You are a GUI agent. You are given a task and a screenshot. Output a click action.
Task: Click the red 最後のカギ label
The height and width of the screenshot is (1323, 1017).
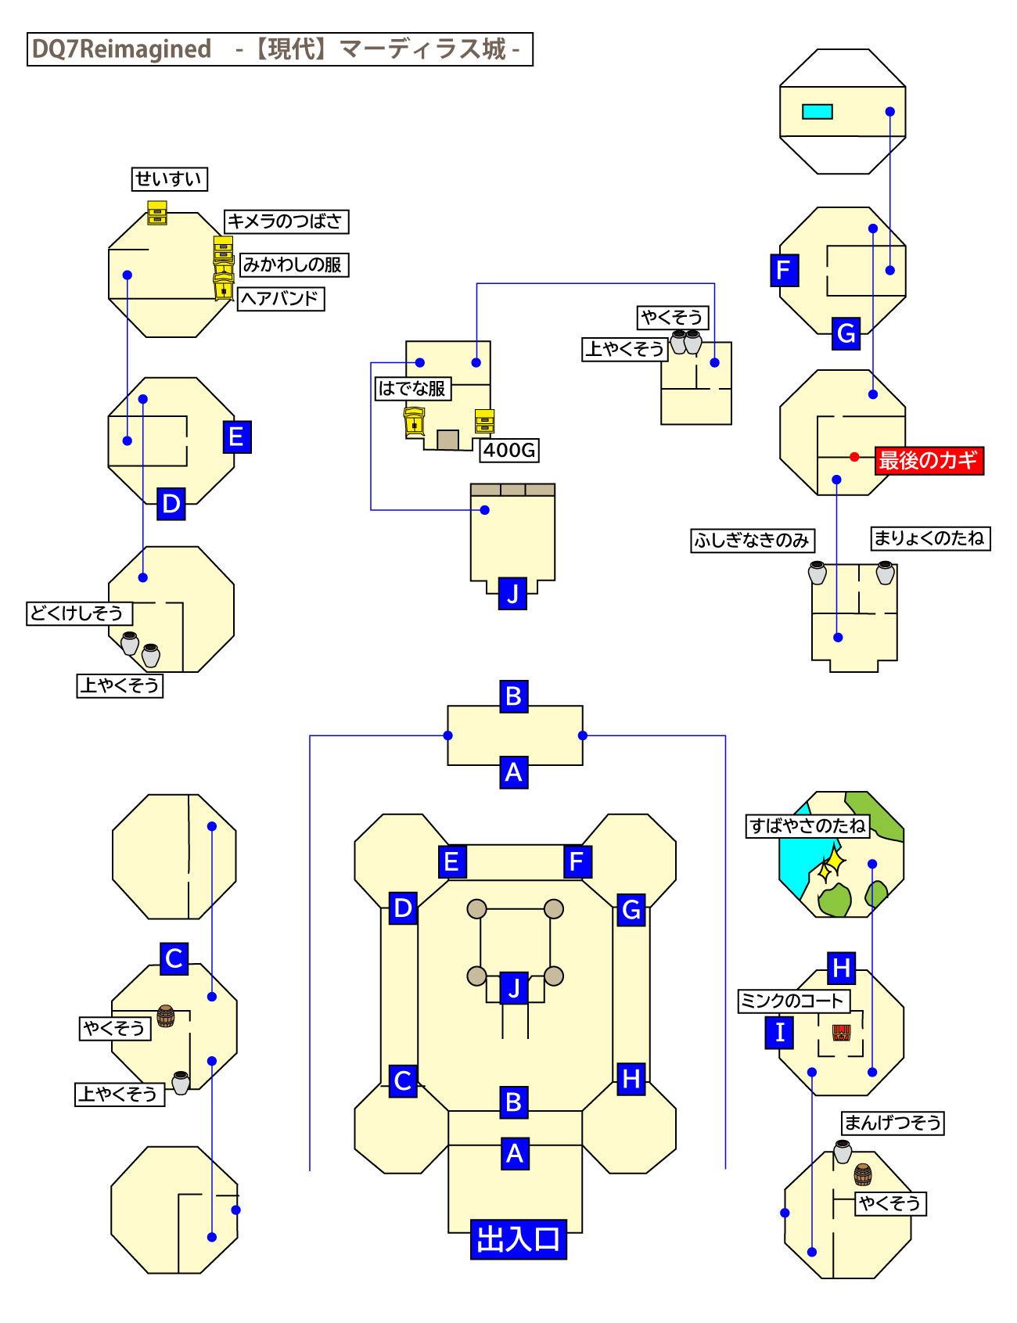(929, 460)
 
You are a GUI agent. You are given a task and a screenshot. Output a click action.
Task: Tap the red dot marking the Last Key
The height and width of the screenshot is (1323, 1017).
(854, 457)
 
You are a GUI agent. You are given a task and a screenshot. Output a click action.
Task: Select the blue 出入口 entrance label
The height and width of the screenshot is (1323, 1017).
(518, 1239)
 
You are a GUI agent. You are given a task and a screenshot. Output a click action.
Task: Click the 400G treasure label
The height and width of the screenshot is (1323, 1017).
(509, 450)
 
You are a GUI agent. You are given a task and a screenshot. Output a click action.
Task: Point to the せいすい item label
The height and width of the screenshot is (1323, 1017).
(169, 179)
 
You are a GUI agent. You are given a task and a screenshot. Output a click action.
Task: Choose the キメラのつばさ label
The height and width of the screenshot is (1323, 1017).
(286, 221)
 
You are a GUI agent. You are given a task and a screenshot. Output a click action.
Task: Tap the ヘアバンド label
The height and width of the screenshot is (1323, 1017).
(280, 299)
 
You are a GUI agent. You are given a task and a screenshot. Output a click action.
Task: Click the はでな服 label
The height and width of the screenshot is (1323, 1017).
(412, 388)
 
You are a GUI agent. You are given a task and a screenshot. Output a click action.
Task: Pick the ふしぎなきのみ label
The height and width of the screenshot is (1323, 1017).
(752, 541)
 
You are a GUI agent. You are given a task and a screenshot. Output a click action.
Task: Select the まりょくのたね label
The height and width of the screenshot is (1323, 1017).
(930, 538)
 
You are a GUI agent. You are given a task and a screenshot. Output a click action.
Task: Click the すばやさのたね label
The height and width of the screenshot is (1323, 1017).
(808, 826)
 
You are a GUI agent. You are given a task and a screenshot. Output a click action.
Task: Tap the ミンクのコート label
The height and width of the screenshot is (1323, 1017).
(793, 1001)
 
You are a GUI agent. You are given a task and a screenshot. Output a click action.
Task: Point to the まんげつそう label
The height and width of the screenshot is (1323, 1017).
(893, 1123)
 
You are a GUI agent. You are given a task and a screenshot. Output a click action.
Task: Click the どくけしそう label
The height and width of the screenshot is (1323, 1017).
(78, 613)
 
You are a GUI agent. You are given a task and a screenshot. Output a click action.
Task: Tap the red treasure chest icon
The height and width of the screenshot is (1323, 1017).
(841, 1033)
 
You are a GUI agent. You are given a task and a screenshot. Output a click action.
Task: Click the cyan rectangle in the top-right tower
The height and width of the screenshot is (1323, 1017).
(817, 112)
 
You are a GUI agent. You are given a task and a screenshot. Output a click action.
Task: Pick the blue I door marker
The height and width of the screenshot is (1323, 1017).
(779, 1033)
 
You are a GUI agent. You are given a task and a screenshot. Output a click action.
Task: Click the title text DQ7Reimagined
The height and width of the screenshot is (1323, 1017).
(122, 49)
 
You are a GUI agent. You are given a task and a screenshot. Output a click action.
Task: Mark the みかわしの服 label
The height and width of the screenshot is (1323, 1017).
(293, 265)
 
